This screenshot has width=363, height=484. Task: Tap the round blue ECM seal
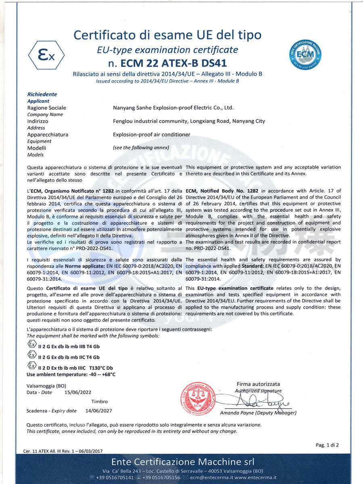click(x=305, y=55)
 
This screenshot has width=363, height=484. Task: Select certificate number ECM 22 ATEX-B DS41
click(x=167, y=63)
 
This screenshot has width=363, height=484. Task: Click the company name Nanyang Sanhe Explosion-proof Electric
click(x=173, y=108)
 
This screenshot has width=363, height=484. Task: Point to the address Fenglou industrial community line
click(x=189, y=121)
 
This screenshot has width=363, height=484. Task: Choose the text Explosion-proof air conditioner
click(x=152, y=134)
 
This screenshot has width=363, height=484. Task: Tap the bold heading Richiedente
click(x=42, y=94)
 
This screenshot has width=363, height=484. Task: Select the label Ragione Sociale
click(x=46, y=108)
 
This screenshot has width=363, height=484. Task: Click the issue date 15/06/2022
click(x=78, y=392)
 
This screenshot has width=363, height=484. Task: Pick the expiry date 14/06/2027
click(x=98, y=411)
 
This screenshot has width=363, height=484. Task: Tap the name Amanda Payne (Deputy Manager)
click(x=258, y=413)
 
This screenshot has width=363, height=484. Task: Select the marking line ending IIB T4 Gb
click(x=69, y=346)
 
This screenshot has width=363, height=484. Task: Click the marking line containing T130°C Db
click(x=75, y=367)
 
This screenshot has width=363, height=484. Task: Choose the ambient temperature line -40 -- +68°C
click(x=71, y=374)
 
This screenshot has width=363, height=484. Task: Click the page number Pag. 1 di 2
click(x=327, y=445)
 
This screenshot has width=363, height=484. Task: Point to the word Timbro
click(x=100, y=401)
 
